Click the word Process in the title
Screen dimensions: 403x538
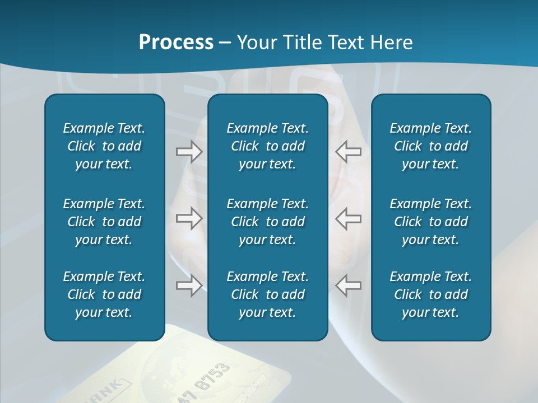point(176,43)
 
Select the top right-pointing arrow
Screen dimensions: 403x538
point(189,152)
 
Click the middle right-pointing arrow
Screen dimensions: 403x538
point(189,218)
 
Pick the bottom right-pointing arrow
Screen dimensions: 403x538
point(189,285)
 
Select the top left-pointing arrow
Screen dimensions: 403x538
point(349,152)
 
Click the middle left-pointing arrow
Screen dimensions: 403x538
point(349,218)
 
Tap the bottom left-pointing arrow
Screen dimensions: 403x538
point(349,285)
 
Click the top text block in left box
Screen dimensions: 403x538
point(104,146)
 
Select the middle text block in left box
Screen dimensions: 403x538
point(104,222)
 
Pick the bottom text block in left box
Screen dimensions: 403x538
point(104,294)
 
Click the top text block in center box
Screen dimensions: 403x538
point(268,146)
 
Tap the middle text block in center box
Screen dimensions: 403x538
point(268,222)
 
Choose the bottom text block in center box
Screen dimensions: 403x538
point(268,294)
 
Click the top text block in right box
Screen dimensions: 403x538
point(431,146)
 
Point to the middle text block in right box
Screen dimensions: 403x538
point(431,222)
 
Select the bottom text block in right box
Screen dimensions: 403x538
point(431,294)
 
